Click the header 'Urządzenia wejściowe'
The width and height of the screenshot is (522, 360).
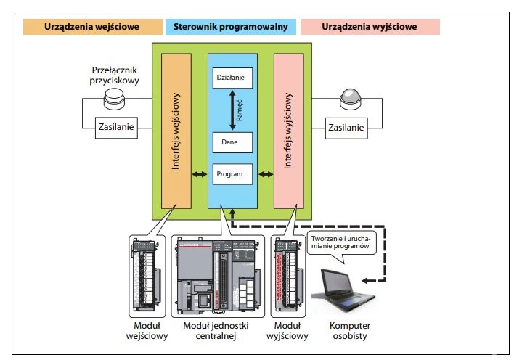coord(91,27)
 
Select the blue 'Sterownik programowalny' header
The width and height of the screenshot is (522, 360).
coord(232,27)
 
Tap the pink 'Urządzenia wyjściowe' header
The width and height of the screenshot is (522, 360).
coord(370,27)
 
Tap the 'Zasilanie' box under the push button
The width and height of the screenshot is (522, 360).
coord(115,127)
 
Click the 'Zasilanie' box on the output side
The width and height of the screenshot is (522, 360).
coord(346,127)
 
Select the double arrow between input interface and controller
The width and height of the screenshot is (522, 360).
coord(198,175)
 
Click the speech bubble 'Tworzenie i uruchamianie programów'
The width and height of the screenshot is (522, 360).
coord(344,242)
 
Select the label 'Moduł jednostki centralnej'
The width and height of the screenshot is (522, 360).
coord(217,331)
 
